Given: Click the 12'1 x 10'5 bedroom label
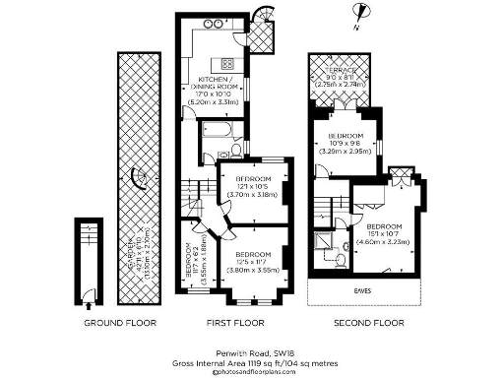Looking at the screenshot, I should coord(254,186).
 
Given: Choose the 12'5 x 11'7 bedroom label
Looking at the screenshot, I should coord(254,261).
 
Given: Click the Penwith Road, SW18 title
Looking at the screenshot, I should coord(252,351).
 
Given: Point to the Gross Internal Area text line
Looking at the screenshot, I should coord(252,361).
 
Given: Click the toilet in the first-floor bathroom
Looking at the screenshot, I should coord(236,151).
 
